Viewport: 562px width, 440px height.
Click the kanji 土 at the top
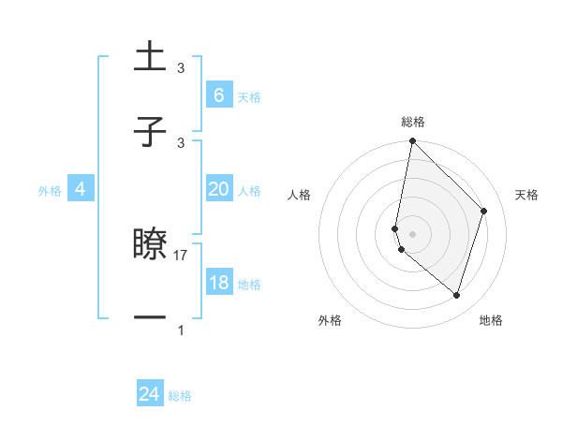coord(150,56)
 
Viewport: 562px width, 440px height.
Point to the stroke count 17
coord(182,255)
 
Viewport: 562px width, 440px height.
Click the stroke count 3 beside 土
coord(181,68)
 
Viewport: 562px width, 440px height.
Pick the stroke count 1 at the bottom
coord(181,330)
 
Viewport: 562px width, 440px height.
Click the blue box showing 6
coord(218,95)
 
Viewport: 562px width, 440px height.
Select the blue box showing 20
coord(218,189)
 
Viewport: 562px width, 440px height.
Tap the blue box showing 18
coord(218,283)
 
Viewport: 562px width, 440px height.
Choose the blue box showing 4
coord(81,189)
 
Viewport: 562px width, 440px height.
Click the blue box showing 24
coord(150,394)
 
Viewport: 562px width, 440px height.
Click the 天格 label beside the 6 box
coord(249,96)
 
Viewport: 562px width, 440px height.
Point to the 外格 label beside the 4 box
coord(50,190)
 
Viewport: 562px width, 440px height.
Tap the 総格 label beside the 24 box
coord(180,396)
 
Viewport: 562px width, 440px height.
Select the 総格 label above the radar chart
coord(412,122)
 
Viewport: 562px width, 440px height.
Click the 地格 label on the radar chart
coord(491,320)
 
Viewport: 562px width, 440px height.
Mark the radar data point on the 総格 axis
coord(412,140)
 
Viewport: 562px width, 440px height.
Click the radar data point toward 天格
coord(484,211)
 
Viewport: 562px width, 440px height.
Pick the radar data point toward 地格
coord(456,296)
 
